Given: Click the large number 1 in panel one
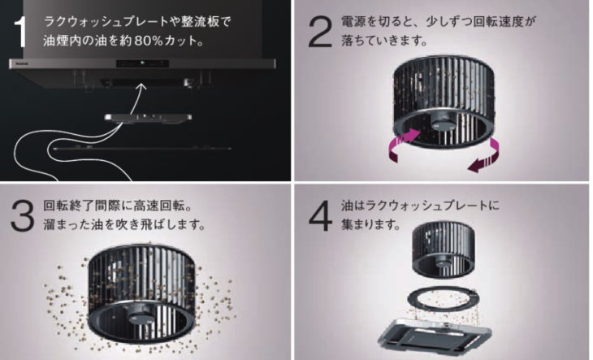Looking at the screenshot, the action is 21,33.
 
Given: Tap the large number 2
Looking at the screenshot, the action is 320,33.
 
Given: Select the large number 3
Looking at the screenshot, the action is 22,216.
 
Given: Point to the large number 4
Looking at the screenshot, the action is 321,216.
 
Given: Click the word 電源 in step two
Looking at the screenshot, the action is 353,22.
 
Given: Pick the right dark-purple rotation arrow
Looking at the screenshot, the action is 486,156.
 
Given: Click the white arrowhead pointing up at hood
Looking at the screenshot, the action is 141,87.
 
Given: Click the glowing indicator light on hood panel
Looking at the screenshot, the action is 142,63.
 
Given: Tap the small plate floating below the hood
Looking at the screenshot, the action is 148,119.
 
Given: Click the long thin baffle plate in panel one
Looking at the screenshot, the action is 142,149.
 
